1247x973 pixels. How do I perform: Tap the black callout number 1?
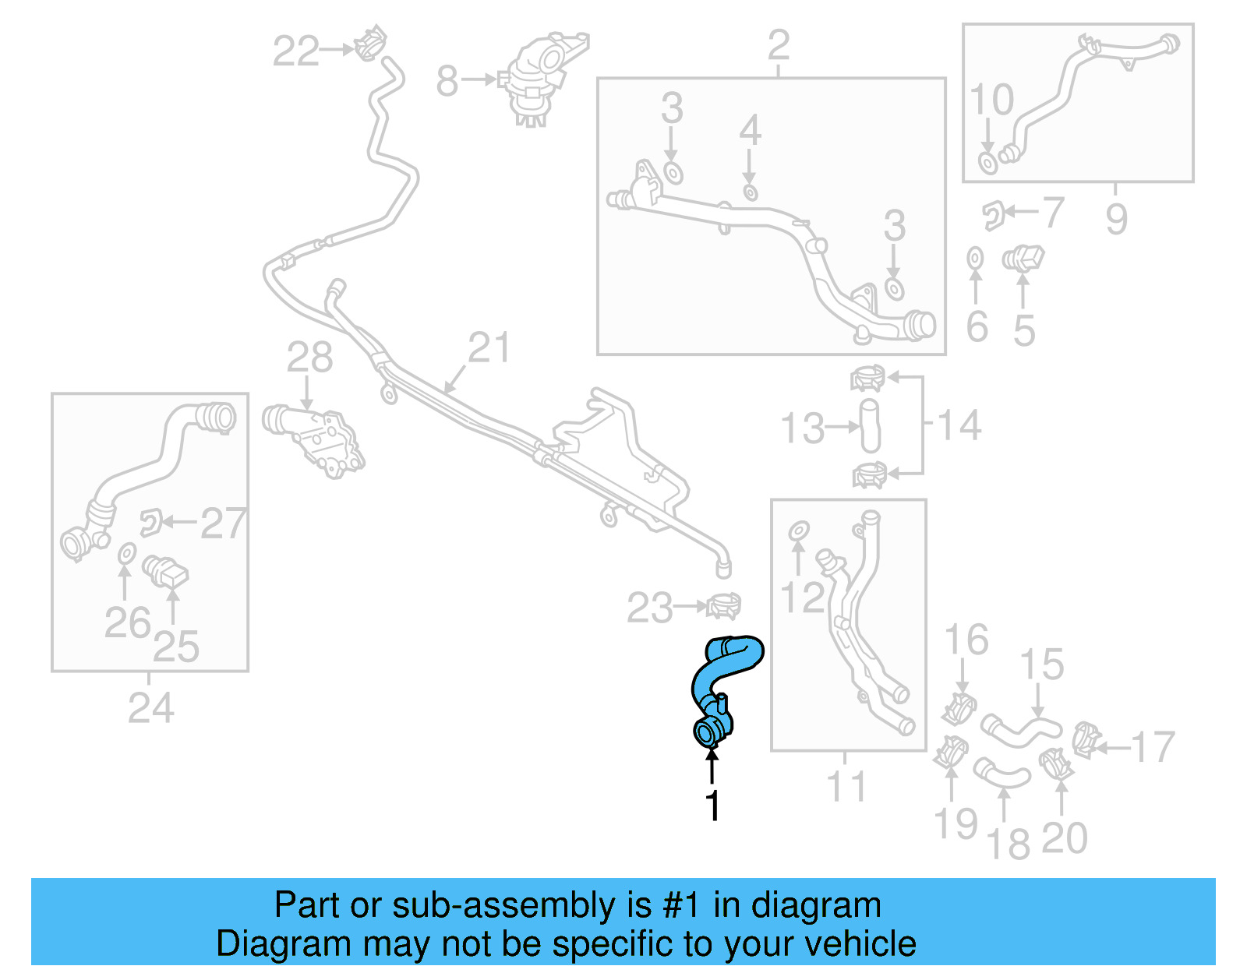click(x=712, y=806)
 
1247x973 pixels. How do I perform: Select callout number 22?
click(x=295, y=51)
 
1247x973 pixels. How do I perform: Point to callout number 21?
click(x=489, y=348)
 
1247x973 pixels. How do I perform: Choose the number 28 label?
click(x=309, y=358)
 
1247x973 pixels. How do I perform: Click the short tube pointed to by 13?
click(x=870, y=425)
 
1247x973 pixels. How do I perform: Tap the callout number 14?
click(x=959, y=426)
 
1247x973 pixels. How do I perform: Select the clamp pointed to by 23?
click(x=724, y=605)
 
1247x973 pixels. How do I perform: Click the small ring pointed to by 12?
click(x=799, y=531)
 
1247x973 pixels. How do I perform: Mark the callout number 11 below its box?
click(x=846, y=787)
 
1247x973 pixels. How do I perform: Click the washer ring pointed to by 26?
click(x=125, y=555)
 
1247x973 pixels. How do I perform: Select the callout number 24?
click(x=150, y=708)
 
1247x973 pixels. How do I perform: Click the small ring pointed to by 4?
click(x=750, y=192)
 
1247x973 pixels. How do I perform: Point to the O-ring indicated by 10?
click(x=987, y=164)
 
